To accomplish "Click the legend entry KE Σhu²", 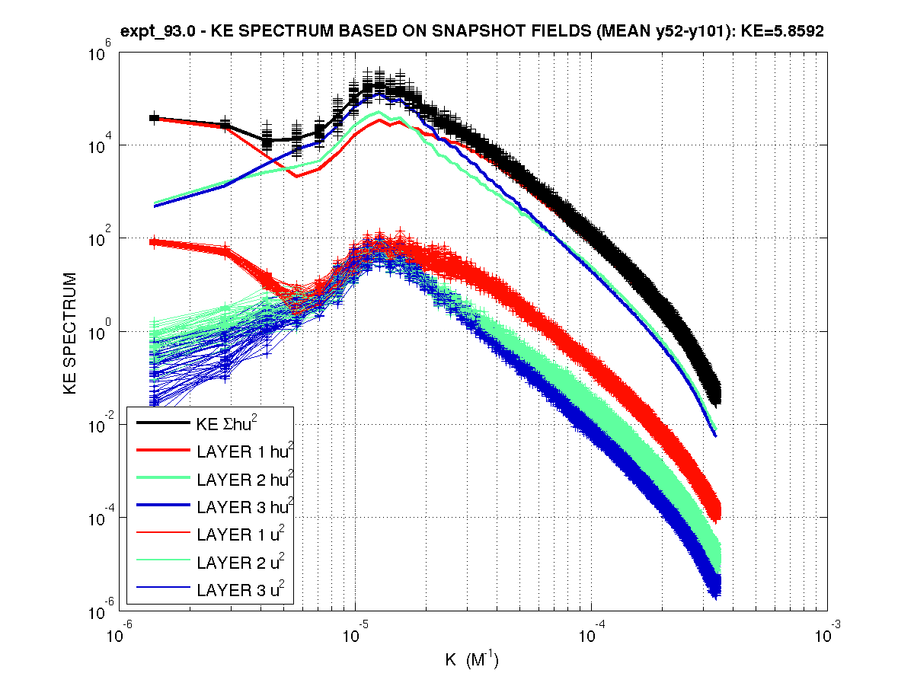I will [228, 424].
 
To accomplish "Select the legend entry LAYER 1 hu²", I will [244, 452].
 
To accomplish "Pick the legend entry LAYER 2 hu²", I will [244, 480].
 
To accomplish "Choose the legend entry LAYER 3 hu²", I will [244, 507].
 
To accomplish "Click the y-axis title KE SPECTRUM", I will [70, 332].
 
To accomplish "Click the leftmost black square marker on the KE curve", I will [154, 118].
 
